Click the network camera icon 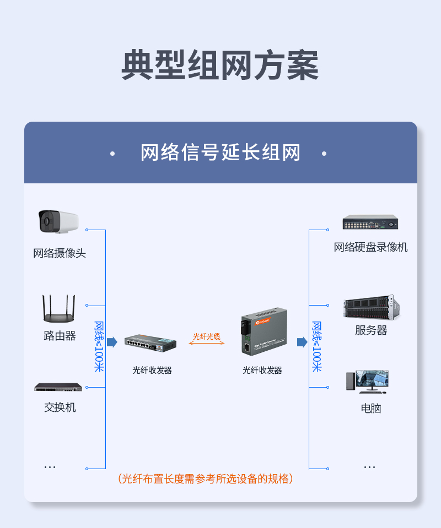(58, 221)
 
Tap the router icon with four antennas (58, 308)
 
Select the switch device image (58, 387)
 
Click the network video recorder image (370, 222)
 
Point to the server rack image (372, 307)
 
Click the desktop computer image (367, 382)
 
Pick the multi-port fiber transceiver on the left (150, 343)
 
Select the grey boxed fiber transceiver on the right (264, 331)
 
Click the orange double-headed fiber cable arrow (207, 343)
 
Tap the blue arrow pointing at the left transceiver (112, 342)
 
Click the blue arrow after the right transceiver (302, 342)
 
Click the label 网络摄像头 (60, 253)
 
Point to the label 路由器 (60, 336)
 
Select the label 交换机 (60, 407)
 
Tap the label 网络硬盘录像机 (370, 247)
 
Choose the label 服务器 (371, 330)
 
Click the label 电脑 (371, 409)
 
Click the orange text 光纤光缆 (207, 336)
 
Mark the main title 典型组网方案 (220, 65)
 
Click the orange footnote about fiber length (205, 478)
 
